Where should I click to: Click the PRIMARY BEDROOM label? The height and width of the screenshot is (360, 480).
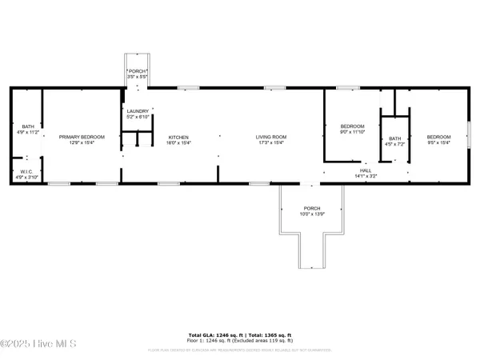point(77,137)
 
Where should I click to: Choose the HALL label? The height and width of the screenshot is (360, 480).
point(364,170)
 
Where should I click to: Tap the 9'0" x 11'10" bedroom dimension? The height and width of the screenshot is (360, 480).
point(352,133)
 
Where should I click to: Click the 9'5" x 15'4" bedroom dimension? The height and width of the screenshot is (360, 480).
point(438,142)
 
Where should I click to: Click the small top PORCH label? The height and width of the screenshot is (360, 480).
point(137,71)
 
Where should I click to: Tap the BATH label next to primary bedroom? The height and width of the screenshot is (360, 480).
point(28,126)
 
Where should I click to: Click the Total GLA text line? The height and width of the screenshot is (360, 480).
point(240,334)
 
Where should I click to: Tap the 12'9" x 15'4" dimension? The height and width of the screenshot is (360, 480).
point(77,142)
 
